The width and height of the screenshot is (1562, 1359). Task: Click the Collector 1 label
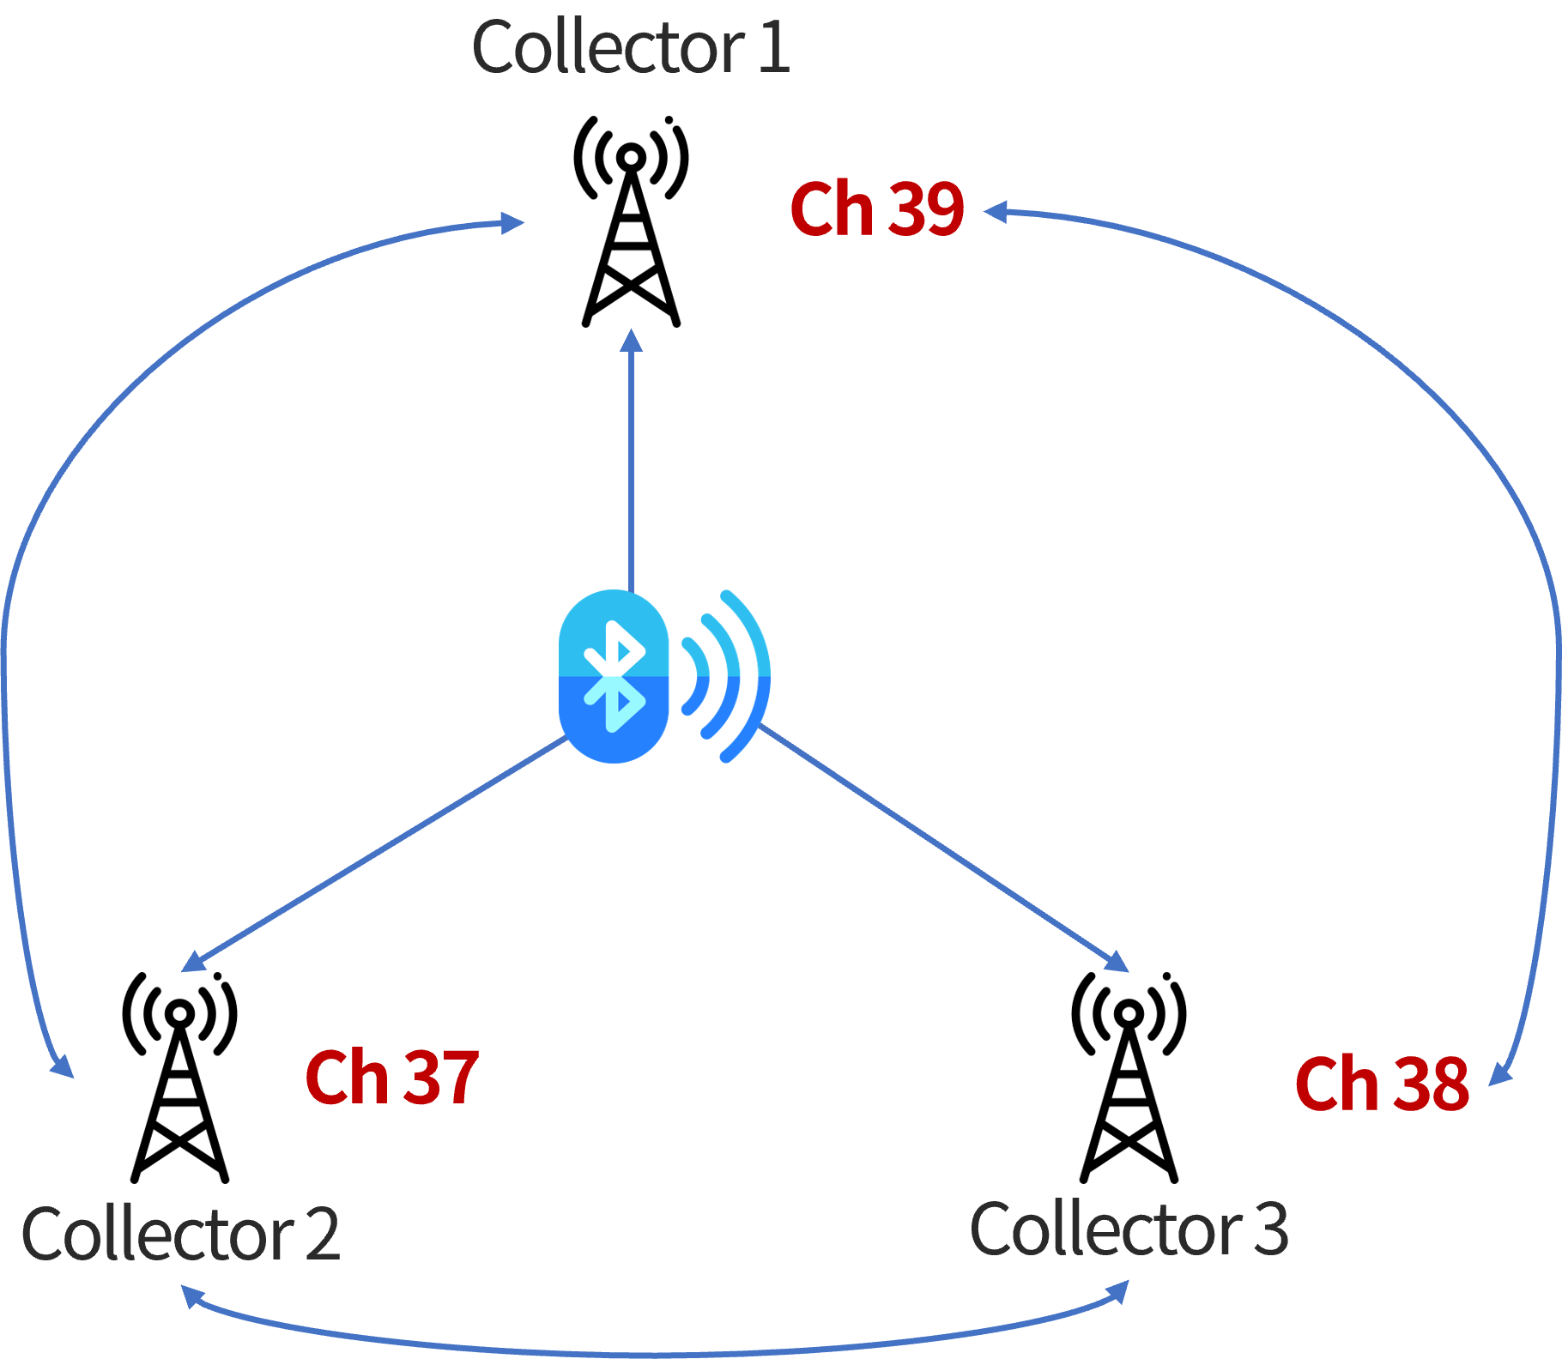(630, 48)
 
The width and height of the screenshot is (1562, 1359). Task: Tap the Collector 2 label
(180, 1234)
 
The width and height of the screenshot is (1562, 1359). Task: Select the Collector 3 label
(1128, 1229)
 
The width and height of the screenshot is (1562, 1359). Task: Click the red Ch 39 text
(876, 208)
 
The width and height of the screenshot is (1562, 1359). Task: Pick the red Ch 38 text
(1381, 1084)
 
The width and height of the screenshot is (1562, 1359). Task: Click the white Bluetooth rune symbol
(614, 676)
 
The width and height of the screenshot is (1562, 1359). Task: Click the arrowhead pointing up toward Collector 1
(631, 340)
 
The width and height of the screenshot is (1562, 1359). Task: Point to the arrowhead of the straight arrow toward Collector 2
(192, 963)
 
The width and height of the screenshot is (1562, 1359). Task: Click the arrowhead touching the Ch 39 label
(995, 211)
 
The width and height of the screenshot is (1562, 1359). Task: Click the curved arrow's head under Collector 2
(191, 1296)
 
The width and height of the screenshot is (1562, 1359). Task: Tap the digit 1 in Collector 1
(773, 48)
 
